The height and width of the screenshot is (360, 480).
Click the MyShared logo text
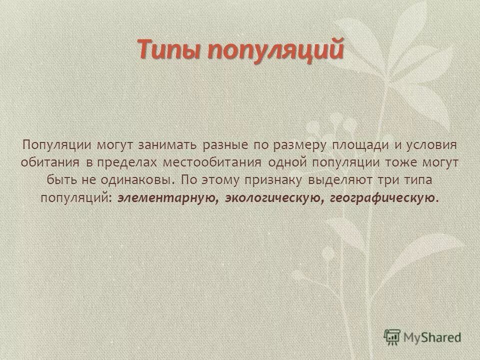433,337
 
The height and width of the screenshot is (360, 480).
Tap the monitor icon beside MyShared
393,337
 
